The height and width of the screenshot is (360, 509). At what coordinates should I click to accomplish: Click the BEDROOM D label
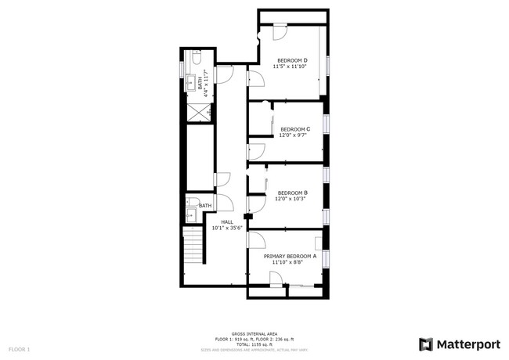click(x=291, y=60)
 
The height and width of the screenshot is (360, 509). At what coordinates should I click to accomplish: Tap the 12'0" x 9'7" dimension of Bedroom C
click(x=294, y=135)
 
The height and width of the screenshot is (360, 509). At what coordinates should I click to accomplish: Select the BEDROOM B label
click(x=292, y=193)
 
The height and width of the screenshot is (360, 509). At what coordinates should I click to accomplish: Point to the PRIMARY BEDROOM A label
click(x=290, y=256)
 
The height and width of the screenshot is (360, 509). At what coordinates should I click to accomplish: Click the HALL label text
click(x=227, y=221)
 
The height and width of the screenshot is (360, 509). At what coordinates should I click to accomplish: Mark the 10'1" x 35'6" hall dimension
click(x=227, y=228)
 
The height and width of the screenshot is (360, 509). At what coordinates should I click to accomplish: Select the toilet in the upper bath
click(x=197, y=58)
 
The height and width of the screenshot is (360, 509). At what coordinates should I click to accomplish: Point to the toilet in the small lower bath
click(x=190, y=203)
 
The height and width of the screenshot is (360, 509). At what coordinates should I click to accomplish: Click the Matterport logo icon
click(x=426, y=344)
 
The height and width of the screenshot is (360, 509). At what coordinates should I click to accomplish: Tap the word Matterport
click(x=467, y=344)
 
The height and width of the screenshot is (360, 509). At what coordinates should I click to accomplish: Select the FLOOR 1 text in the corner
click(x=19, y=348)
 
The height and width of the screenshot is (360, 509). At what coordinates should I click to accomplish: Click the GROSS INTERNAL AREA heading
click(x=254, y=333)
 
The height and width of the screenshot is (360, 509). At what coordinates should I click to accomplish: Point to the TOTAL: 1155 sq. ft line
click(x=254, y=344)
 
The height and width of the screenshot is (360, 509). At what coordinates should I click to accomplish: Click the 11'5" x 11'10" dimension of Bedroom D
click(x=290, y=67)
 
